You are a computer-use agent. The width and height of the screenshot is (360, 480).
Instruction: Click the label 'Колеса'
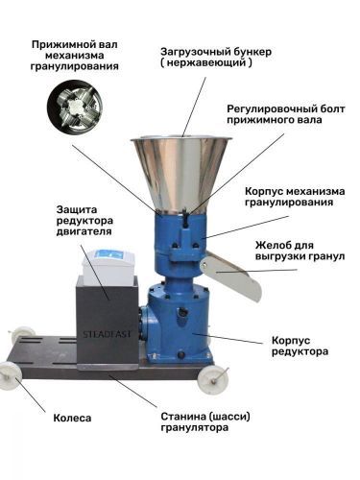click(x=72, y=418)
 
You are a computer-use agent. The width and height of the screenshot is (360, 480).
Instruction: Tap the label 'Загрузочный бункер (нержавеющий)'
click(x=216, y=57)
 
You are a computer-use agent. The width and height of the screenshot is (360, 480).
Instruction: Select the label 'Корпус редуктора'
click(x=300, y=346)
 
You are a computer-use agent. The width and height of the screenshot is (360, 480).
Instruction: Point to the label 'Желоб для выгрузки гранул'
click(x=300, y=251)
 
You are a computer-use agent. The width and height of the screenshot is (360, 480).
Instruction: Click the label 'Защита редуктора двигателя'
click(x=84, y=221)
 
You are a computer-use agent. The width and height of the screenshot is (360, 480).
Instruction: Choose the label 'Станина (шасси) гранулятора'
click(x=205, y=422)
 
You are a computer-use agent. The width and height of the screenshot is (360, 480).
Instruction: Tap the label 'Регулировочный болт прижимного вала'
click(x=286, y=114)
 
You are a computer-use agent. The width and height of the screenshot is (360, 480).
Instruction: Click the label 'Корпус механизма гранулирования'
click(x=295, y=197)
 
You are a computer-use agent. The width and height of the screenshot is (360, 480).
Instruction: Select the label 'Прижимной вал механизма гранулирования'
click(x=75, y=55)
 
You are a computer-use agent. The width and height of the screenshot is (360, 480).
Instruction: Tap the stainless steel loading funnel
click(x=181, y=175)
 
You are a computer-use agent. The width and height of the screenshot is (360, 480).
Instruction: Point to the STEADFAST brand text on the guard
click(x=108, y=334)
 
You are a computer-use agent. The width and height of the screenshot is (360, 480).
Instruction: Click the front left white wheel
click(x=11, y=375)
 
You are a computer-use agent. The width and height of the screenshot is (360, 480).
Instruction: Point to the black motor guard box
click(x=108, y=324)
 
